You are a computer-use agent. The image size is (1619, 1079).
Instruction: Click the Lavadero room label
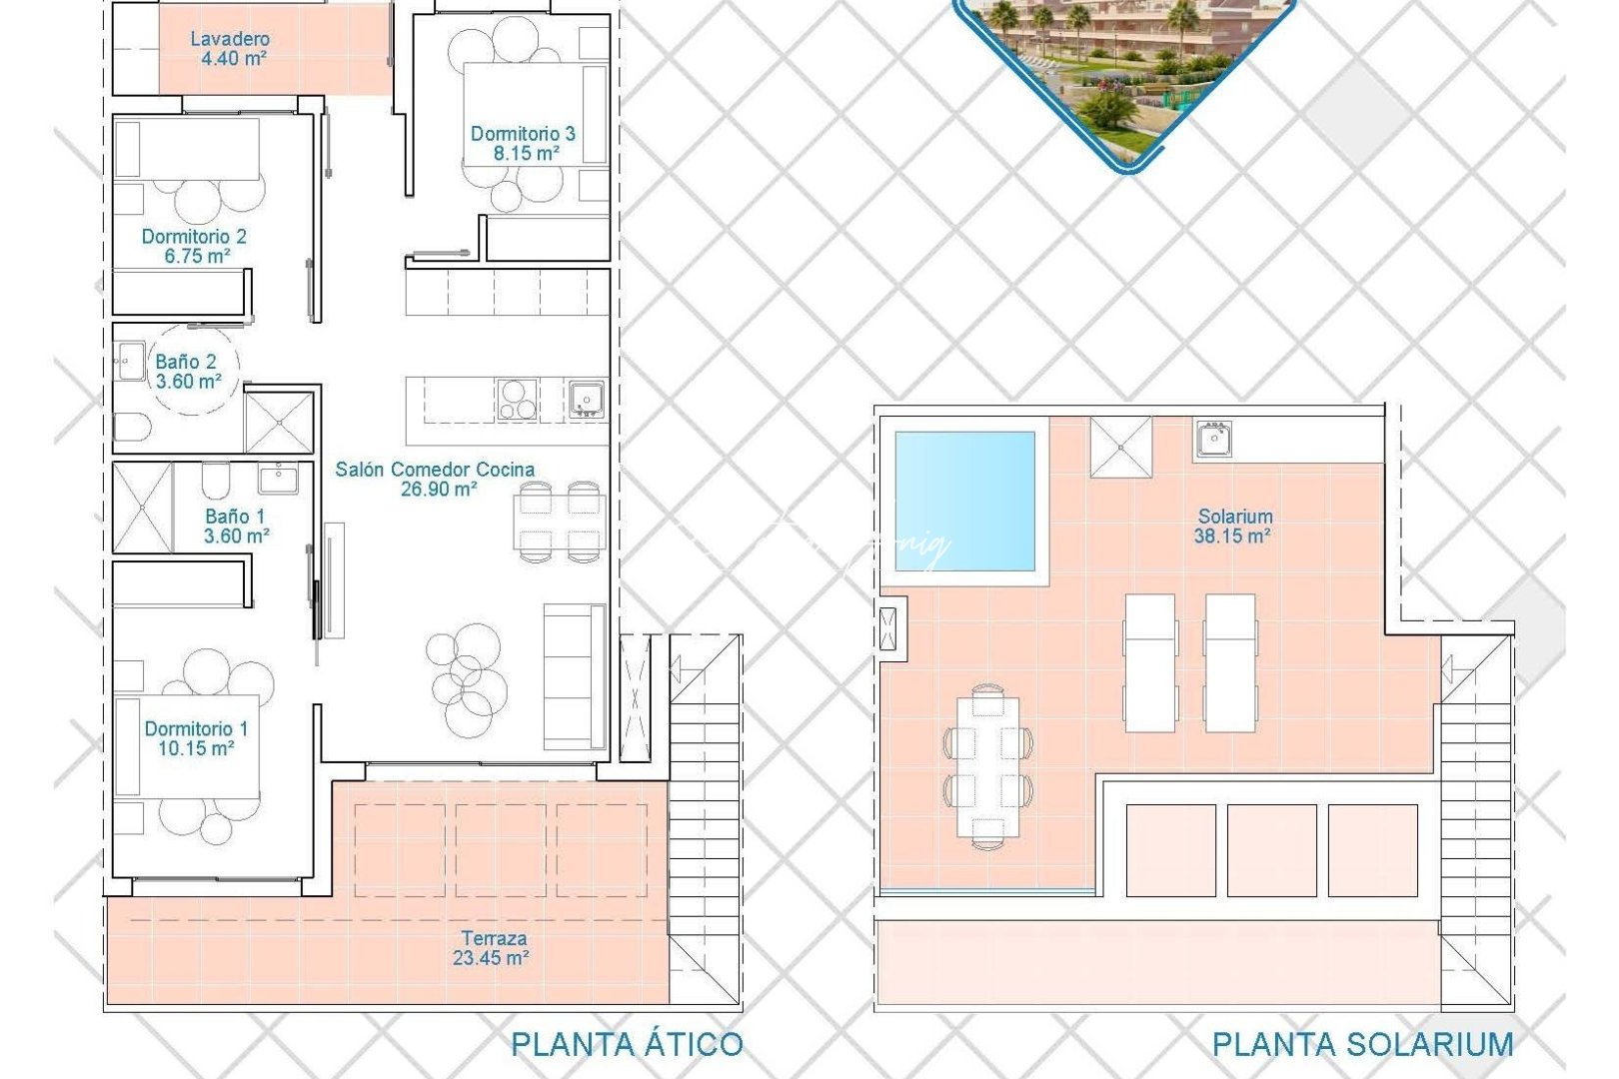(230, 40)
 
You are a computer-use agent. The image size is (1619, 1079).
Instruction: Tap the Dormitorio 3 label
(523, 134)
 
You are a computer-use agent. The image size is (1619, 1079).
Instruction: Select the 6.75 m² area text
(198, 257)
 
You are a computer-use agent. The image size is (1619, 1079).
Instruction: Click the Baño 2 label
(186, 362)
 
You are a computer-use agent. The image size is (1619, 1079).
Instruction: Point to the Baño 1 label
(235, 517)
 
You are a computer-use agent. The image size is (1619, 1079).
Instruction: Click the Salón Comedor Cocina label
(435, 470)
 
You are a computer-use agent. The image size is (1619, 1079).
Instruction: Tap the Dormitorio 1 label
(196, 729)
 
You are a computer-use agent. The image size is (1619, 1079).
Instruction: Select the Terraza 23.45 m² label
(493, 948)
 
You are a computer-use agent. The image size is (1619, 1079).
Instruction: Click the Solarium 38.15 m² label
(1234, 527)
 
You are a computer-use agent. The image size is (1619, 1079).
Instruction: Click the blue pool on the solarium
(964, 501)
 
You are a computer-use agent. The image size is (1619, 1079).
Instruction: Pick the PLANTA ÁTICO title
(627, 1045)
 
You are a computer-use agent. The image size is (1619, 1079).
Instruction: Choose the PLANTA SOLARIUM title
(1362, 1045)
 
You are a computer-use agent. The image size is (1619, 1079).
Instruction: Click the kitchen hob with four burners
(517, 400)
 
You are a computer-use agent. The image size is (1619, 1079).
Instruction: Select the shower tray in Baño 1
(142, 508)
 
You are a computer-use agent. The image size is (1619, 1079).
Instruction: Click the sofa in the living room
(575, 676)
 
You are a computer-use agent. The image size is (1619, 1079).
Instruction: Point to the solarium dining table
(987, 766)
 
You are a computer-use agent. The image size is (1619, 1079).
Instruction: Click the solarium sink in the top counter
(1212, 439)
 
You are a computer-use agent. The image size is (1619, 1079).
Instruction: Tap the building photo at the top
(1124, 70)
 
